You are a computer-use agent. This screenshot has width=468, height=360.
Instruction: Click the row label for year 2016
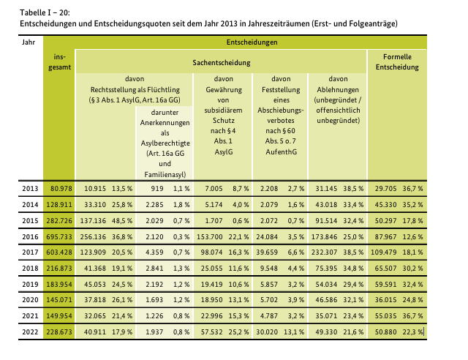coord(29,237)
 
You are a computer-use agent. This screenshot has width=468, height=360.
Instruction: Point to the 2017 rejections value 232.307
coord(325,253)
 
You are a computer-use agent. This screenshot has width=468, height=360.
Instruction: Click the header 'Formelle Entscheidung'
coord(398,61)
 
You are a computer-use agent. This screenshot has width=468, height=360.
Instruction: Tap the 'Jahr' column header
coord(29,42)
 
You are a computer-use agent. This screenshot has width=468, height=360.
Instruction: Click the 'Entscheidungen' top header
coord(252,42)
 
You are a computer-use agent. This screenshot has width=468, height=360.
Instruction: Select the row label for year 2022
coord(29,332)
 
